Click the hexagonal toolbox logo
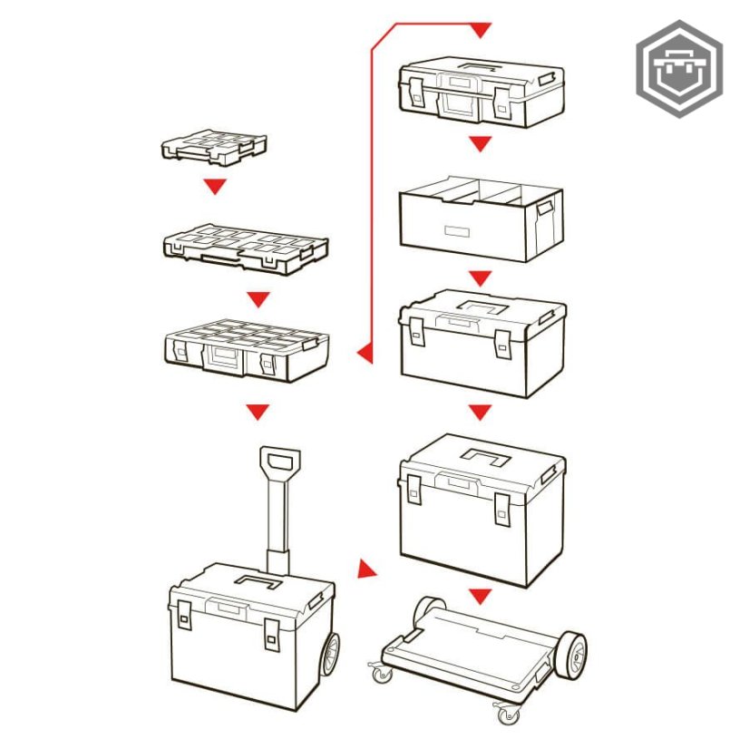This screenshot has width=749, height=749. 678,68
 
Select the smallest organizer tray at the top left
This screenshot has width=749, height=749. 214,147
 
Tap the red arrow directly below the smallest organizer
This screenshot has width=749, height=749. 214,187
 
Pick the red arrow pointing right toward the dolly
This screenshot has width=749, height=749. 365,569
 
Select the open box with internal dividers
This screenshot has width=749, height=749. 481,218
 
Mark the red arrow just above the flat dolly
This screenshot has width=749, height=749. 481,596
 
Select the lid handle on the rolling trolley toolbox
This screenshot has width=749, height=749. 258,581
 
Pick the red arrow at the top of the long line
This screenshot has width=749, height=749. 481,31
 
